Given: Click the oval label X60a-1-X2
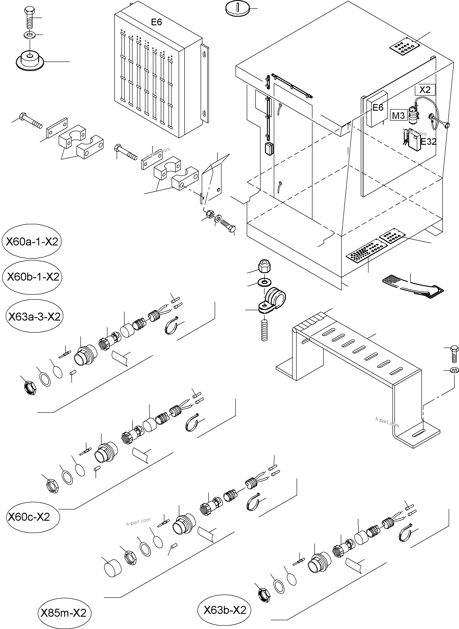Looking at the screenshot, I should (31, 241).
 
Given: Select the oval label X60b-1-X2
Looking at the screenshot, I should (32, 277).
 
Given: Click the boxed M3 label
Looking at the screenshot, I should (398, 115).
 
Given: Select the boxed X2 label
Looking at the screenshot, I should (425, 89).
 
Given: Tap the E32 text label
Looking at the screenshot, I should (428, 142).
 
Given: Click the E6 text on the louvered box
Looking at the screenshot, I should (156, 22).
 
